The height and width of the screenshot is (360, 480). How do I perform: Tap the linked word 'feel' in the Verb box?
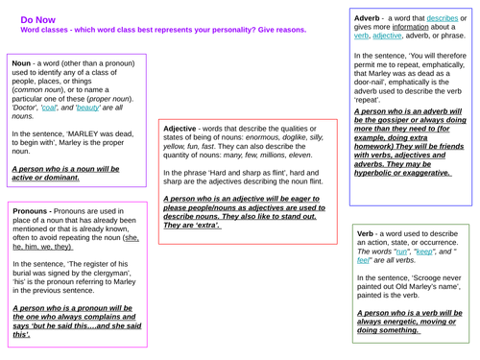coord(366,265)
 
